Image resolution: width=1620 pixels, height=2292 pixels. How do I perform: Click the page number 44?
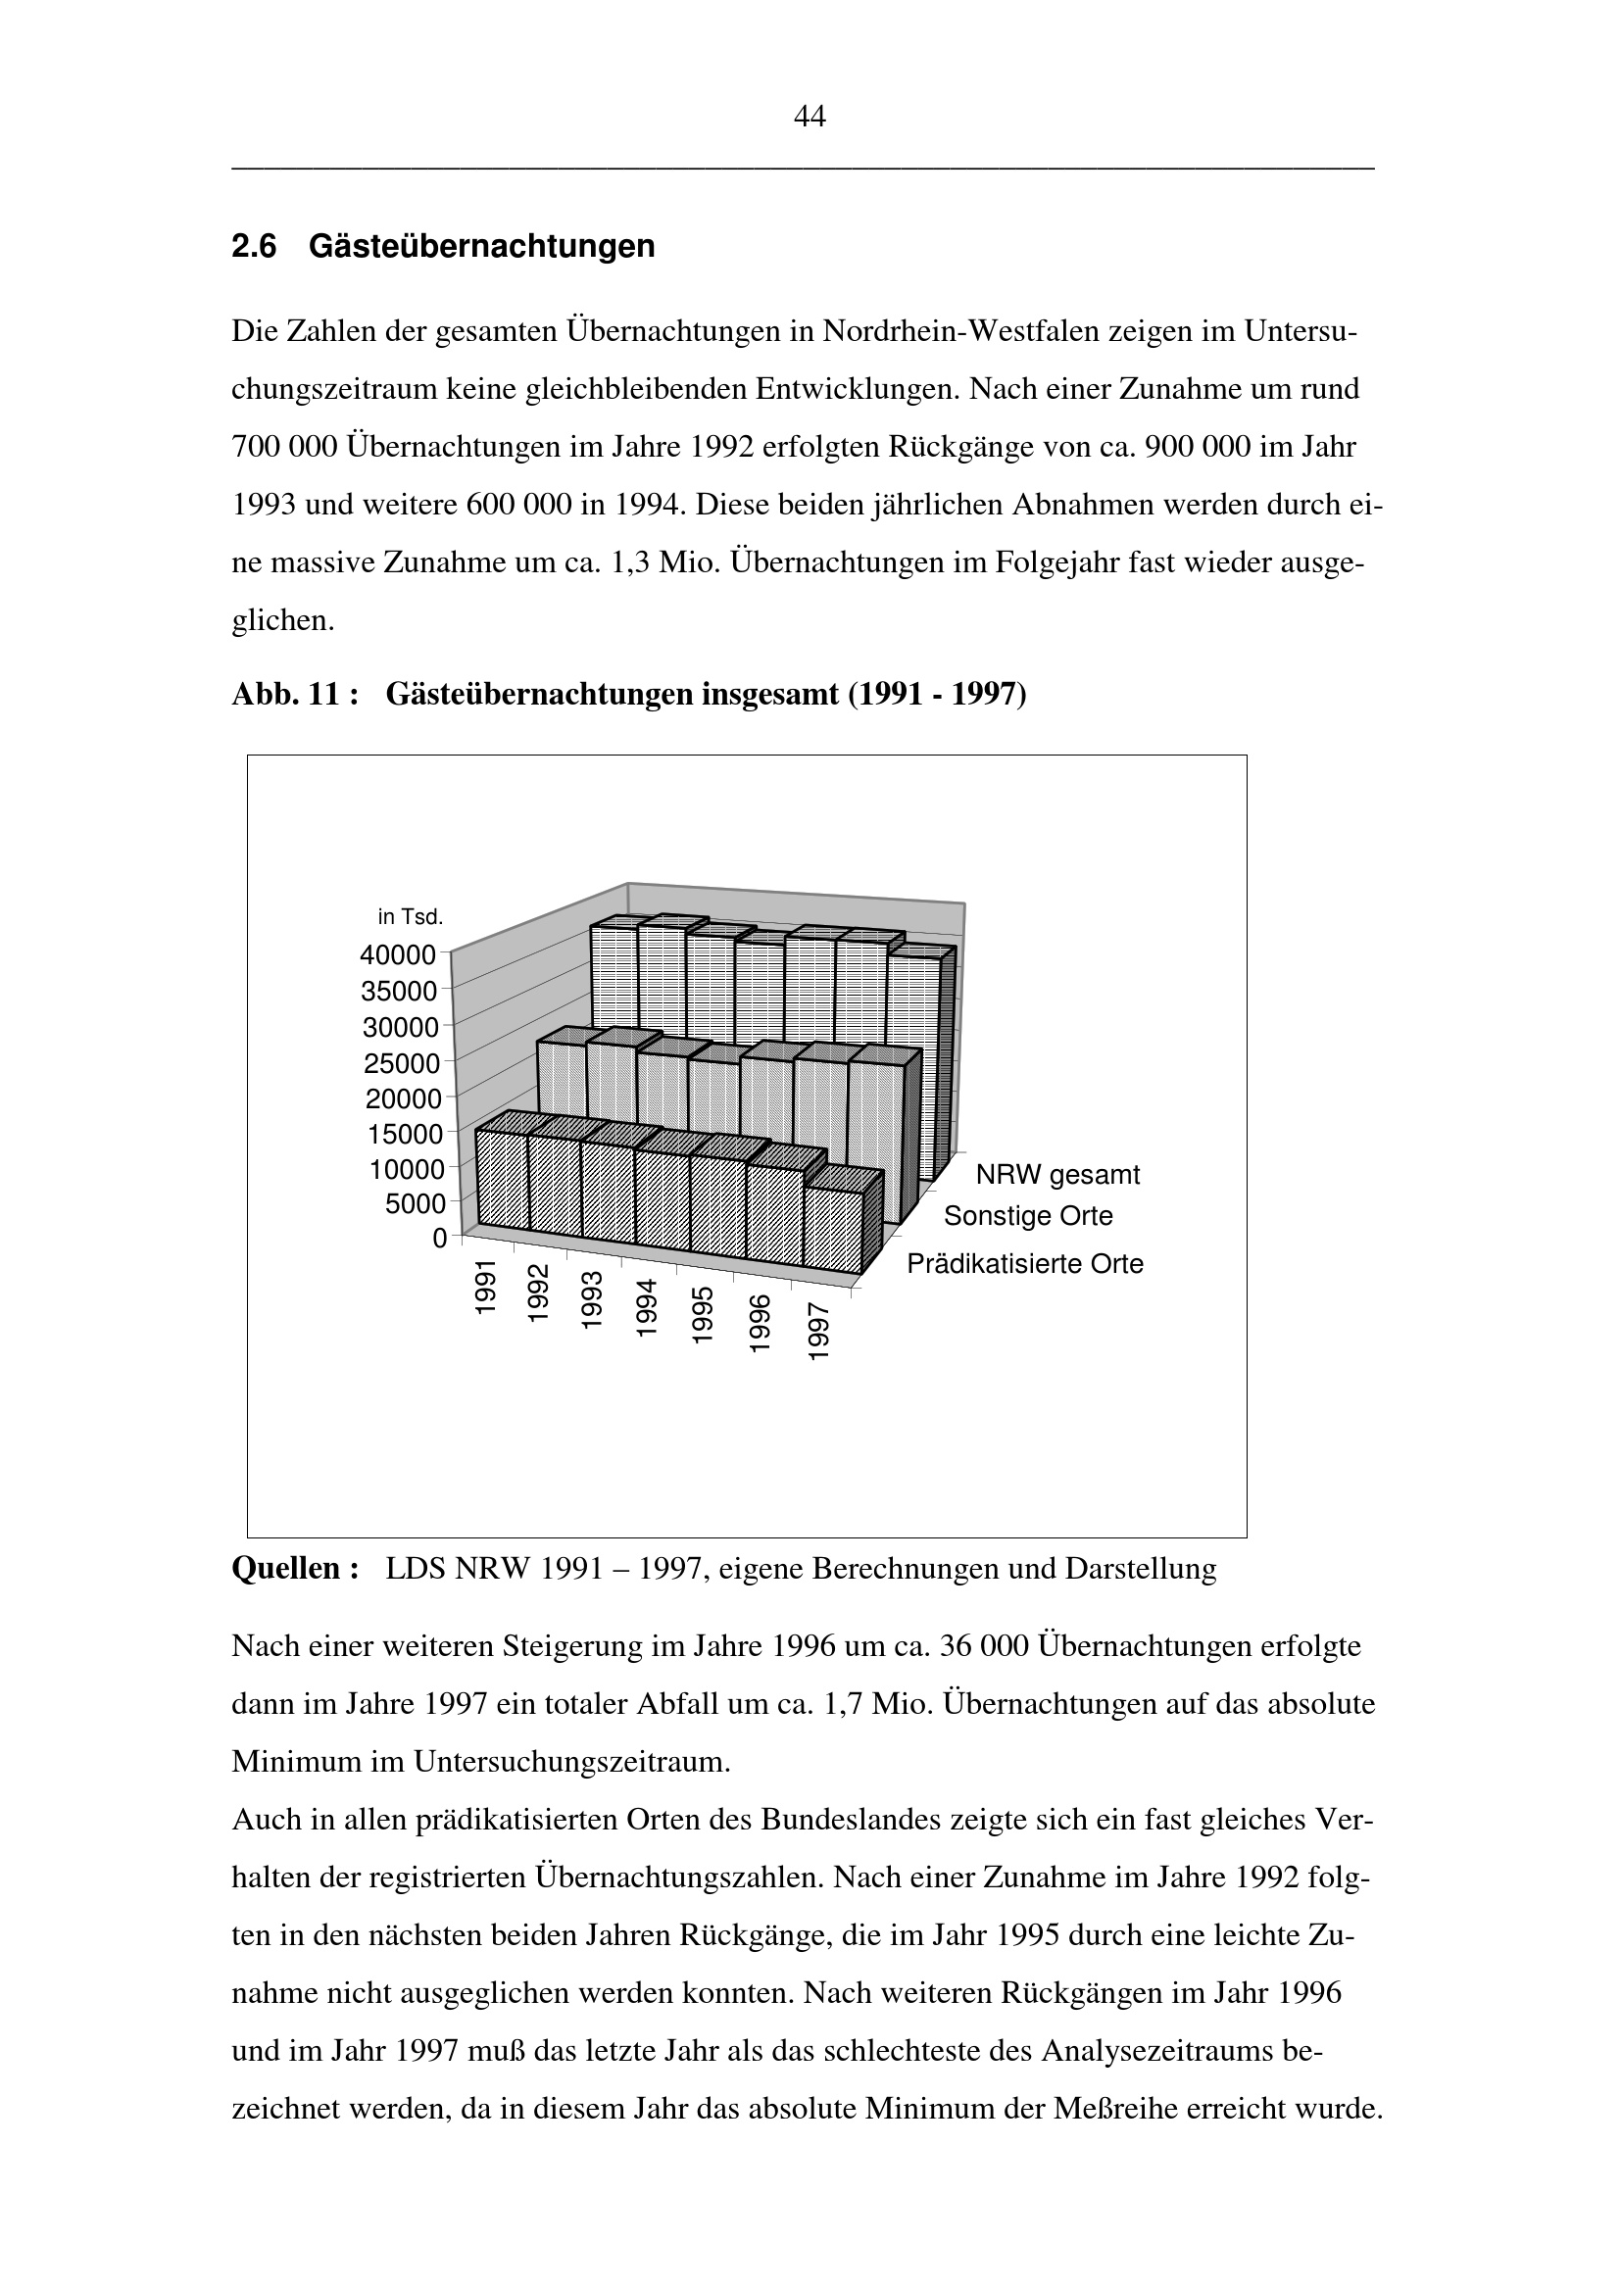[x=809, y=118]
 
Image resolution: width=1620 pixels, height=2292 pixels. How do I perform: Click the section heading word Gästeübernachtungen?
[x=482, y=246]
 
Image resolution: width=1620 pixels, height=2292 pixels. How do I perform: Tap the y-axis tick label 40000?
[x=398, y=955]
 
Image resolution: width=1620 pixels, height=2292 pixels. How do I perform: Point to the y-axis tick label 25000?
[x=401, y=1063]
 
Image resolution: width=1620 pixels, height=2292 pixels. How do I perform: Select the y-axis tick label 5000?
[x=415, y=1205]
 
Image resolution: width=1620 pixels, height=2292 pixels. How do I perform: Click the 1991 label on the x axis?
[x=485, y=1287]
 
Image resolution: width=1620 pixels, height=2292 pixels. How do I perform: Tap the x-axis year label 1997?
[x=818, y=1331]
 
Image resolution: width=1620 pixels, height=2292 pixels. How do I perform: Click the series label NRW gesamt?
[x=1057, y=1175]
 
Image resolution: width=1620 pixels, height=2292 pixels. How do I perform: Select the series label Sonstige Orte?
[x=1027, y=1216]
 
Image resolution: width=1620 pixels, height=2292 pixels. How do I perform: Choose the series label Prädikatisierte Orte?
[x=1024, y=1264]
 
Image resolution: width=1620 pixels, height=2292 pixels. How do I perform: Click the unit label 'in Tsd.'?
[x=411, y=916]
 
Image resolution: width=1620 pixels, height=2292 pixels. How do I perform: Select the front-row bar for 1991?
[x=503, y=1178]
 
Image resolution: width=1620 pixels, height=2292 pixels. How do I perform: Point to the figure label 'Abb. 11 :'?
[x=294, y=694]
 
